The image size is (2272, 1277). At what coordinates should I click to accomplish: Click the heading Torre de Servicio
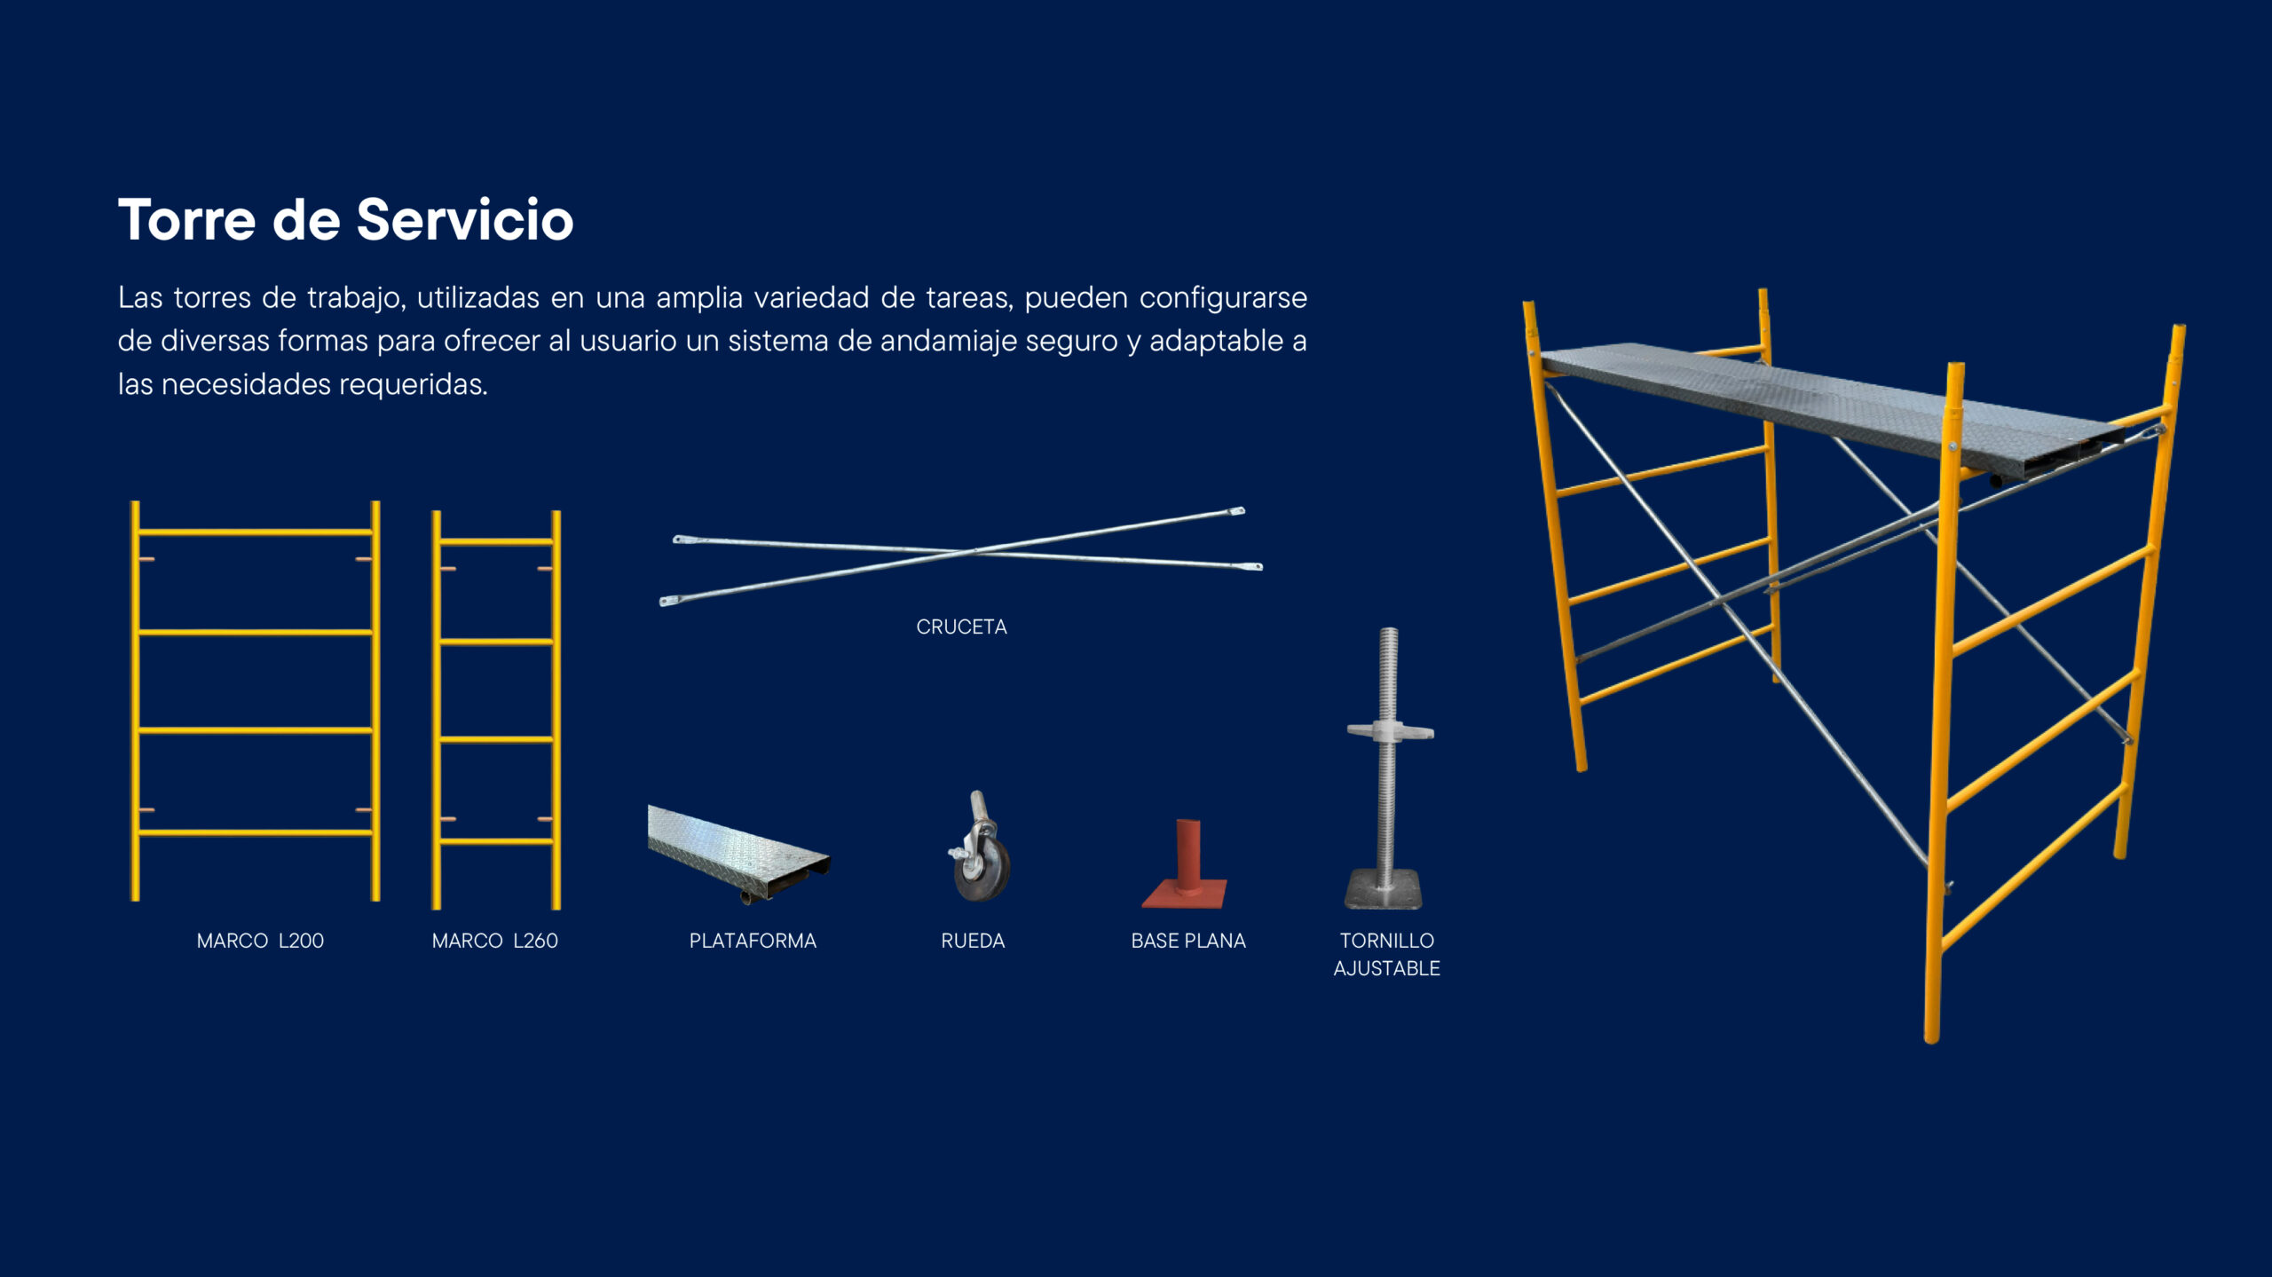point(346,219)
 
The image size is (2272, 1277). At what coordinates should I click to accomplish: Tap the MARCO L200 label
point(260,941)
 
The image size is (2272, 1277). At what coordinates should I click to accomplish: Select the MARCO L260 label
point(494,941)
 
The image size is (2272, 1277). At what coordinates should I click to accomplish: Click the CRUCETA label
point(961,627)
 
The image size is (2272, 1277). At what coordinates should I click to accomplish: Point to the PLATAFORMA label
point(753,941)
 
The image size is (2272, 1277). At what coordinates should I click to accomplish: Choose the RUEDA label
point(973,941)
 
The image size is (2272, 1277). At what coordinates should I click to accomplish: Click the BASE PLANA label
point(1188,941)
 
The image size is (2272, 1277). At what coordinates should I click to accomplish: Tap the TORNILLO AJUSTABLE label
point(1386,954)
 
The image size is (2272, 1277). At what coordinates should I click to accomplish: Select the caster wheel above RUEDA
point(980,847)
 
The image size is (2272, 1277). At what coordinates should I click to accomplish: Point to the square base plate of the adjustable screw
point(1383,888)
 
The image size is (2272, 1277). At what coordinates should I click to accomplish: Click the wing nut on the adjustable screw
point(1390,731)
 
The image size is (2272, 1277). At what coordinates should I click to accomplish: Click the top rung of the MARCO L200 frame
point(256,532)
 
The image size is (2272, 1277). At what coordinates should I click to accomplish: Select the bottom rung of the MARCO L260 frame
point(496,840)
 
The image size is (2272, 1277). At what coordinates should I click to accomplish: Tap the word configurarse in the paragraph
point(1223,298)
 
